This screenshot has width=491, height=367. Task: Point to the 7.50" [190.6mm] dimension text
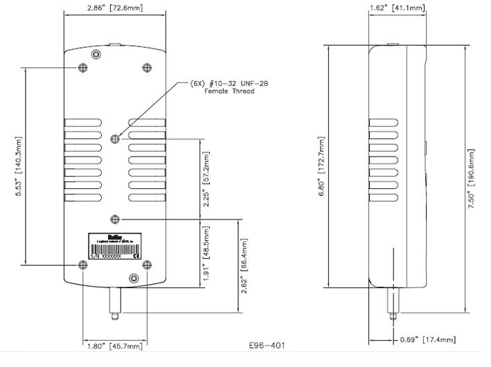pyautogui.click(x=472, y=181)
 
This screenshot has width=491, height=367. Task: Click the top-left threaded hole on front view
pyautogui.click(x=83, y=67)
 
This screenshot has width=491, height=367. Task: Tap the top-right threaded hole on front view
pyautogui.click(x=145, y=67)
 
